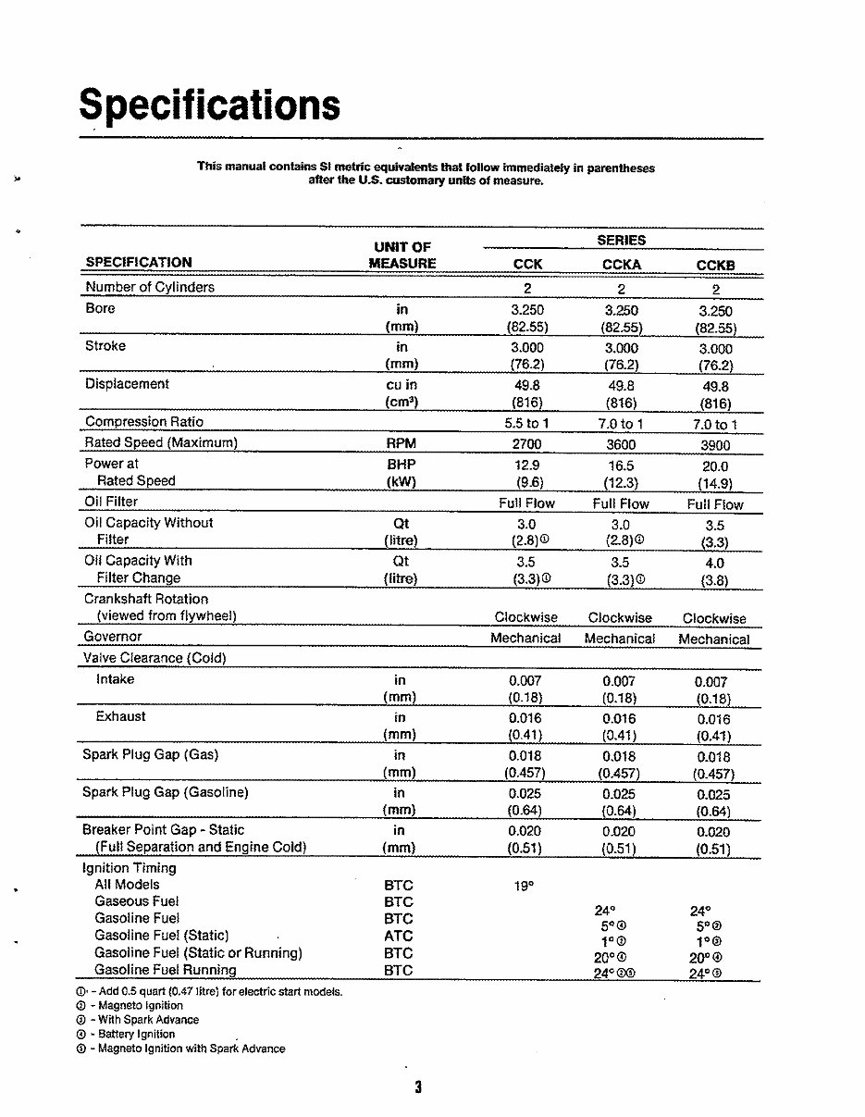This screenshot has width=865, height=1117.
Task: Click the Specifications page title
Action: click(x=209, y=105)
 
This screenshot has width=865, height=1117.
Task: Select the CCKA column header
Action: click(x=621, y=265)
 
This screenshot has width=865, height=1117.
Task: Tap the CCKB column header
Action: click(x=715, y=266)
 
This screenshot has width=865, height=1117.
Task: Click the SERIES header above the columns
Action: click(x=621, y=240)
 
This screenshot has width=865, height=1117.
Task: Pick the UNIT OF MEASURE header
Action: click(x=402, y=254)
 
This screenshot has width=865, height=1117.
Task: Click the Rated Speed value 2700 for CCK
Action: click(x=526, y=444)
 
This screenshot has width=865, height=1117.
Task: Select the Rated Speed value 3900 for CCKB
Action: click(x=715, y=445)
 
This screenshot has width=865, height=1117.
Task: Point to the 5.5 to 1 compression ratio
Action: click(x=526, y=423)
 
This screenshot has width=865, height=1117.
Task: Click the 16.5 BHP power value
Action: click(x=621, y=466)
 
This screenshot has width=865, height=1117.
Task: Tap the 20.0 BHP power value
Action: click(x=715, y=467)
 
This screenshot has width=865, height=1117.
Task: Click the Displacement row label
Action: click(x=127, y=384)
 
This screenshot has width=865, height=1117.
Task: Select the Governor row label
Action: click(x=113, y=637)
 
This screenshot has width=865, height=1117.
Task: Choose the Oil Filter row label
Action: click(x=111, y=502)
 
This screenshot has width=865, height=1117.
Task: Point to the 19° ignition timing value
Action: click(x=524, y=886)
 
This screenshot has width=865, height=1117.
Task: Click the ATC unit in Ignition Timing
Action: click(x=399, y=936)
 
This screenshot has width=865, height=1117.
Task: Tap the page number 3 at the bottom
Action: click(x=418, y=1087)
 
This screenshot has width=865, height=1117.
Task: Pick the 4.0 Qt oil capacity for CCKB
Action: click(x=715, y=563)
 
